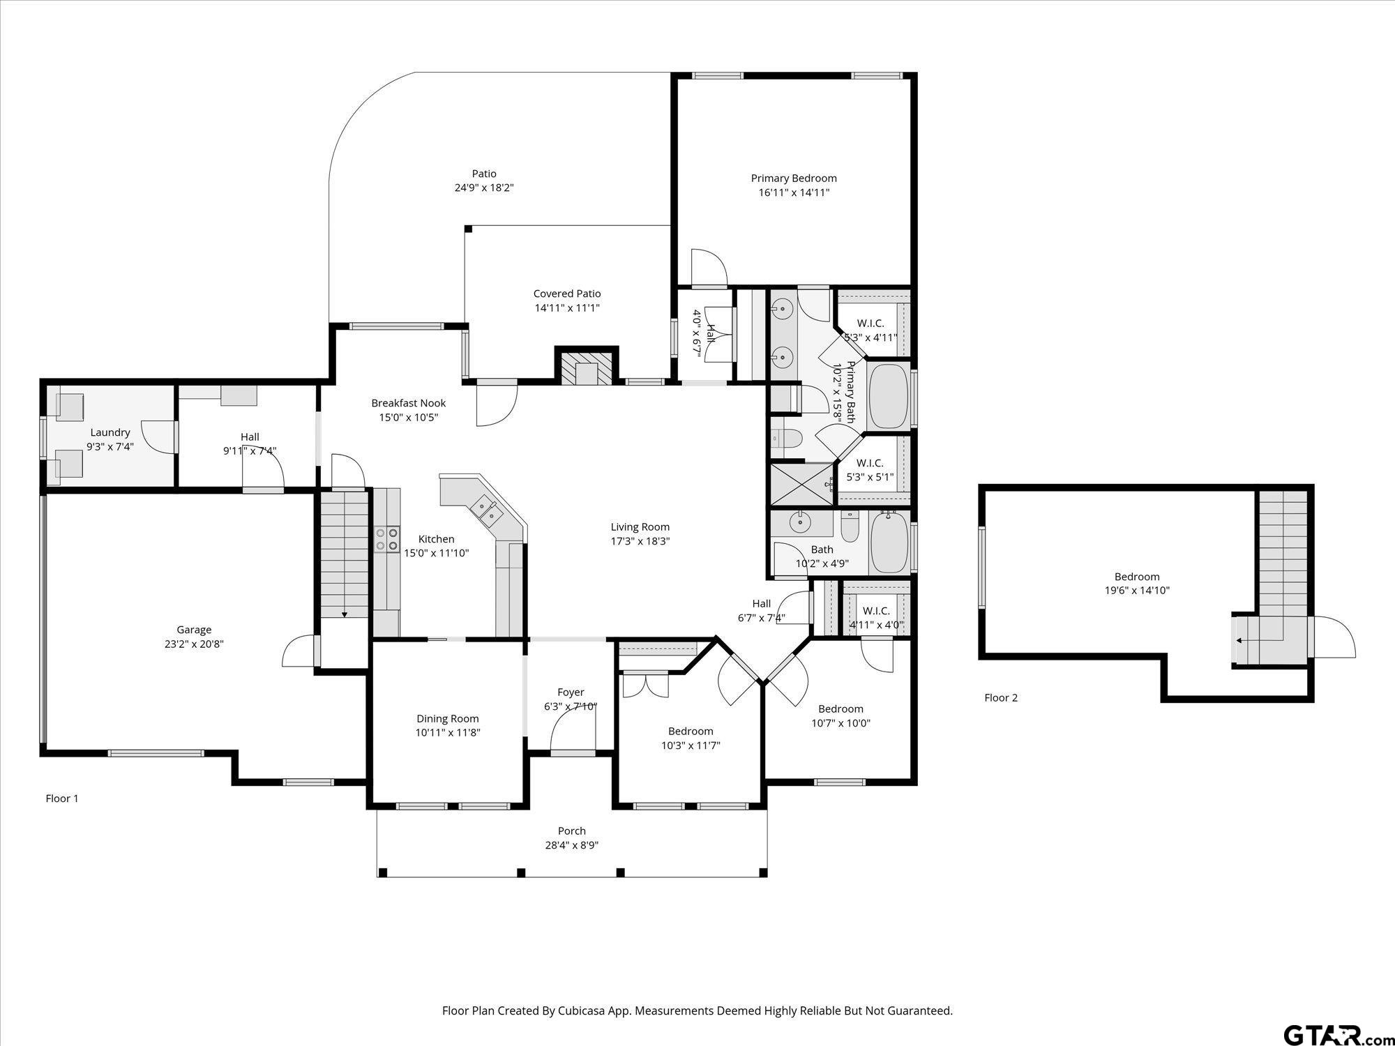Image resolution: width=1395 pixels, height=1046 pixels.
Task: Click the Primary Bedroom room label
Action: click(794, 179)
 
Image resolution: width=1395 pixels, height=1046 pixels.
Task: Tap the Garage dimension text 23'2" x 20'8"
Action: click(193, 644)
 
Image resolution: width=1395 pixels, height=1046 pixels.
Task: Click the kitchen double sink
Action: click(486, 509)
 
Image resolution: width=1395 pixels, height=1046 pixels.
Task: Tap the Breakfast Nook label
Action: click(408, 403)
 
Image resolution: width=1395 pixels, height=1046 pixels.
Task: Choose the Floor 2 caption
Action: click(1001, 697)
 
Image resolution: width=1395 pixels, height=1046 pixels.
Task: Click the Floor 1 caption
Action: click(62, 798)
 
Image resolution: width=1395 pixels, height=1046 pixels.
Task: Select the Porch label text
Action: click(572, 831)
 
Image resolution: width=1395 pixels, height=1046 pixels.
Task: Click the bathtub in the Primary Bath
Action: click(889, 396)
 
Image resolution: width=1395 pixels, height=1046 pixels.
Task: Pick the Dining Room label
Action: click(448, 719)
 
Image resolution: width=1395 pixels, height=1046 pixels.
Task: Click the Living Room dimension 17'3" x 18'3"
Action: click(640, 541)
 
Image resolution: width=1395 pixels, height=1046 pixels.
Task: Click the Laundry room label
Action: click(110, 432)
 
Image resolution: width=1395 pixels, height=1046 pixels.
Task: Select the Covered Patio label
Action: click(567, 294)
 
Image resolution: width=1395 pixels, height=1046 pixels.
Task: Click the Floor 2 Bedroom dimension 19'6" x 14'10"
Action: click(1137, 591)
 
